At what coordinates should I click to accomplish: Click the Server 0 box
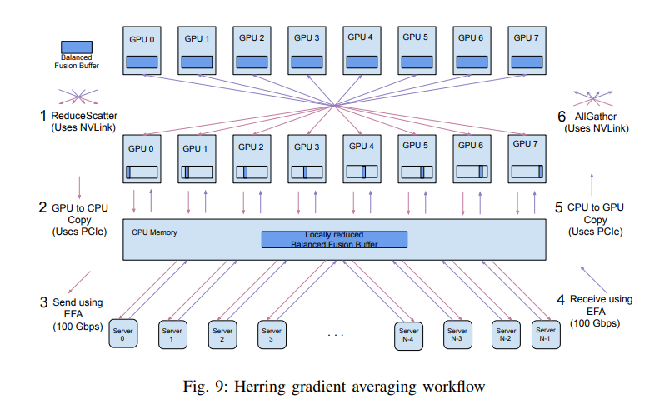[122, 334]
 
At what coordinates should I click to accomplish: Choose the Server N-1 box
[545, 334]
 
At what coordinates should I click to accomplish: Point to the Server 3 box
[272, 334]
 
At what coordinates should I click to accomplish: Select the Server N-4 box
[407, 334]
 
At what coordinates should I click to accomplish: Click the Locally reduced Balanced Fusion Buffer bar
[334, 239]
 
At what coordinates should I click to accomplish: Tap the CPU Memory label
[154, 232]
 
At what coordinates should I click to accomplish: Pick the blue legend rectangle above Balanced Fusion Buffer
[77, 47]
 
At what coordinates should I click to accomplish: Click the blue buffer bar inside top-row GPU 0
[142, 62]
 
